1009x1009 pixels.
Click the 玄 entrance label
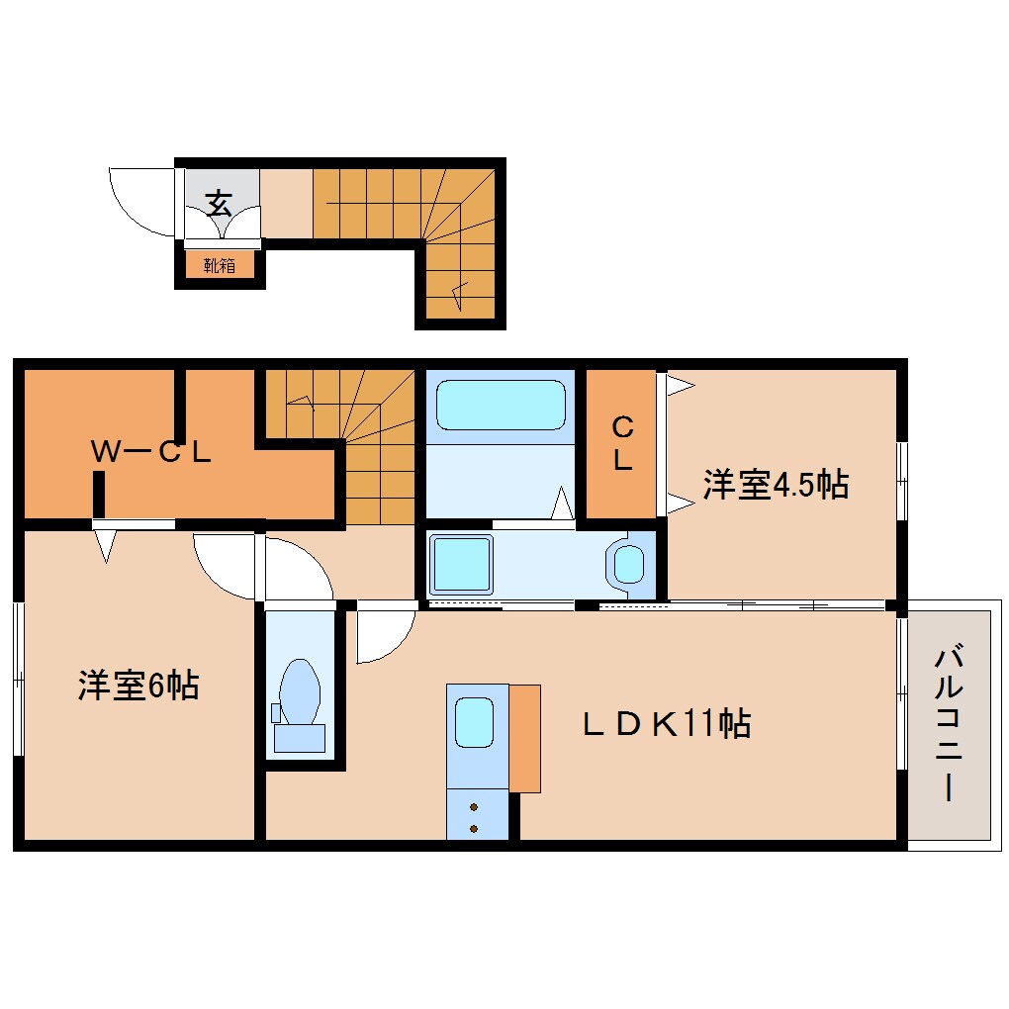pos(219,204)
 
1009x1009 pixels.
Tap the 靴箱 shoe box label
pos(220,265)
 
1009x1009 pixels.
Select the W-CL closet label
pos(151,452)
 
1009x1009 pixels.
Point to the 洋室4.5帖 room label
pos(776,485)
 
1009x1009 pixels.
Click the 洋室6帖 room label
pos(138,685)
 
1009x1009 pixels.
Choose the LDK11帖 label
pos(666,724)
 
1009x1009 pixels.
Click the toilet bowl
pos(300,688)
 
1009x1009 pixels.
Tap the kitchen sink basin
pos(473,722)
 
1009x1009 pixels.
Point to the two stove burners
pos(474,816)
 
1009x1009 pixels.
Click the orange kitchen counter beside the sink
pos(525,737)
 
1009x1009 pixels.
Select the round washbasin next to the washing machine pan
pos(629,565)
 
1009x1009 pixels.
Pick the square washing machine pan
pos(460,564)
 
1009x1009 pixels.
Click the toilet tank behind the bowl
pos(299,737)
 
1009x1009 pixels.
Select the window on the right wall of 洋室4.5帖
pos(901,480)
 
